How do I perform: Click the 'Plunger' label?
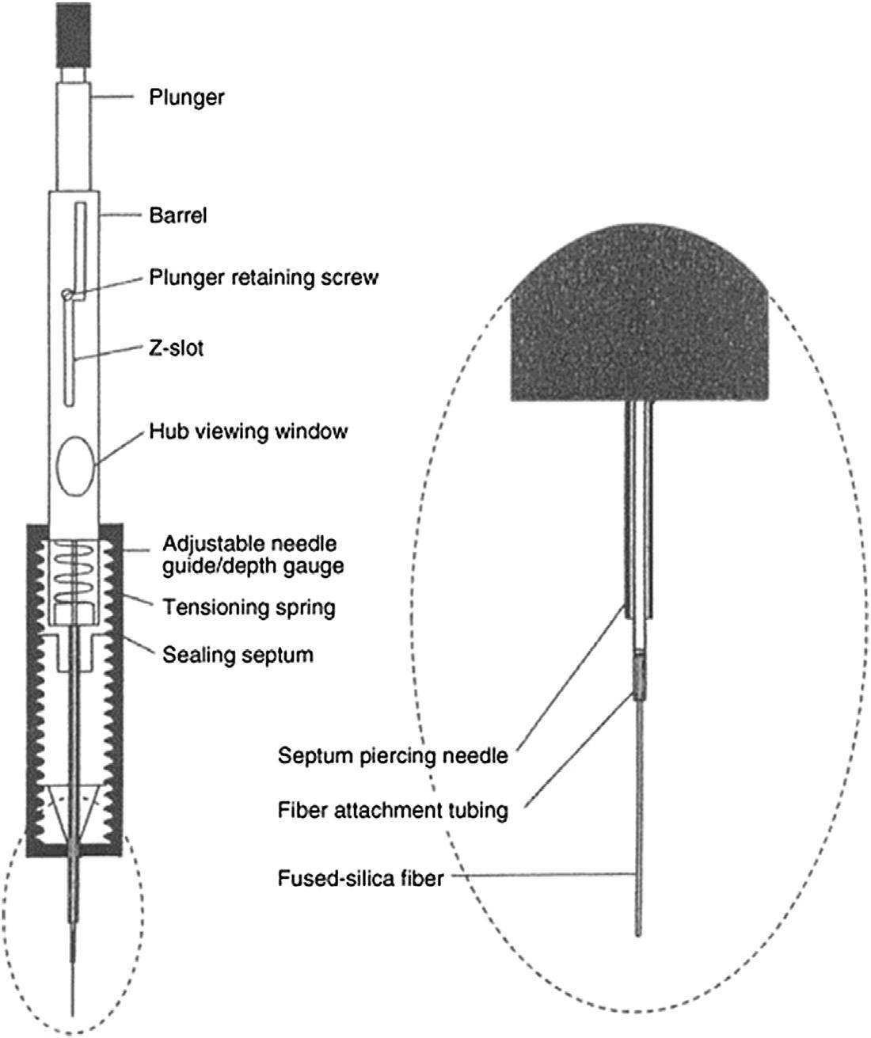coord(187,97)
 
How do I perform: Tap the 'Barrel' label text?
coord(177,215)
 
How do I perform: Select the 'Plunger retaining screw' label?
coord(264,278)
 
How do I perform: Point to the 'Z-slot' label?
coord(177,347)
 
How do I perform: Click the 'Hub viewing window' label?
coord(248,432)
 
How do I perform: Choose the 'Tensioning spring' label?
coord(249,607)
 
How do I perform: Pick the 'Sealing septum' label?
coord(238,655)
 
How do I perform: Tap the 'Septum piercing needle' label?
coord(392,756)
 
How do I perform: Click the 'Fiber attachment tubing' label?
coord(393,811)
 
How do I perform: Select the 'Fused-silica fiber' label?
coord(360,878)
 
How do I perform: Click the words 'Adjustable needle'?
coord(249,545)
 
